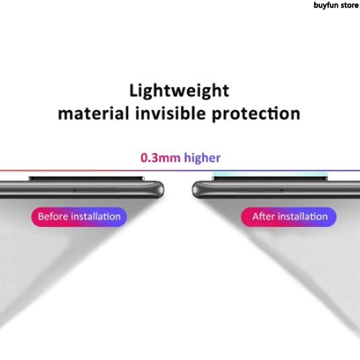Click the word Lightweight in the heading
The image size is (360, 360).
tap(179, 91)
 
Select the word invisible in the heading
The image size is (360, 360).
tap(170, 114)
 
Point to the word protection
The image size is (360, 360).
tap(256, 114)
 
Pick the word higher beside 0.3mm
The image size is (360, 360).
tap(202, 158)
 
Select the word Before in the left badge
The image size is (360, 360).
tap(53, 216)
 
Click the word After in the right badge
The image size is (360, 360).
tap(264, 216)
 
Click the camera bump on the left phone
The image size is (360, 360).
tap(86, 178)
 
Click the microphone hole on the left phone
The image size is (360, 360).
tap(75, 190)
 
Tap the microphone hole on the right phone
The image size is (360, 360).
tap(281, 190)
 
